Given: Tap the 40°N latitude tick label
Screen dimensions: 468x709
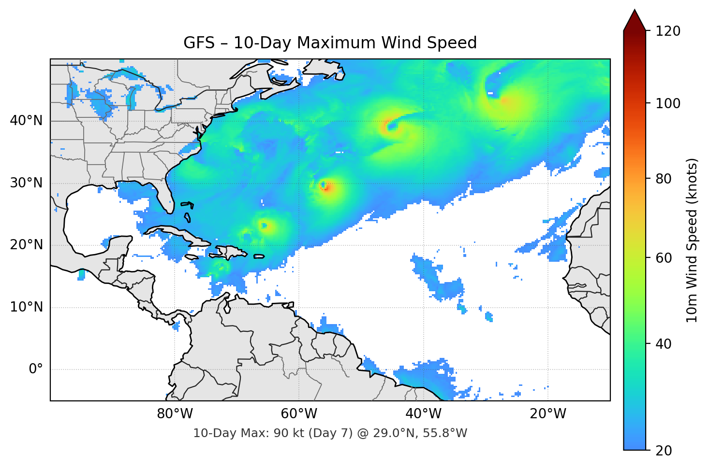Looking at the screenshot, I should pos(26,121).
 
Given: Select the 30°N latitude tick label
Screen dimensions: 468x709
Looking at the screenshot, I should pos(26,183).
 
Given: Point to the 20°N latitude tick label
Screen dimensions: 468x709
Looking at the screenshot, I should pos(26,245).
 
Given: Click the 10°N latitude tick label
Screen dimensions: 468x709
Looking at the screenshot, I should pos(26,307).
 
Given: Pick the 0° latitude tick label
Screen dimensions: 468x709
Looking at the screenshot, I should pos(36,369).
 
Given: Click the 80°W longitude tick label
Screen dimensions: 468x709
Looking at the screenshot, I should pos(175,414).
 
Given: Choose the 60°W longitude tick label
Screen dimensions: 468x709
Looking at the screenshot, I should pos(299,414).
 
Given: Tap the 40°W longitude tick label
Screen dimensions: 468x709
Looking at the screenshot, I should pos(423,414).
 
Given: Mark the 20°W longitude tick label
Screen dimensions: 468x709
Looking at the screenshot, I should pos(547,414).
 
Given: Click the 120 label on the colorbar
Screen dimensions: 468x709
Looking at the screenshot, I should pos(668,31).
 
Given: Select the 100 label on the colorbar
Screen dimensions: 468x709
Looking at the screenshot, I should pos(668,103).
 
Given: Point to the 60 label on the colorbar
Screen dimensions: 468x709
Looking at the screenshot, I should pos(664,258).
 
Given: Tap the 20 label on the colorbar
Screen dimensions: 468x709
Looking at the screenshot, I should pos(664,451).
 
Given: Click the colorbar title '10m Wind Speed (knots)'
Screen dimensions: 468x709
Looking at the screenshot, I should pos(692,241).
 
